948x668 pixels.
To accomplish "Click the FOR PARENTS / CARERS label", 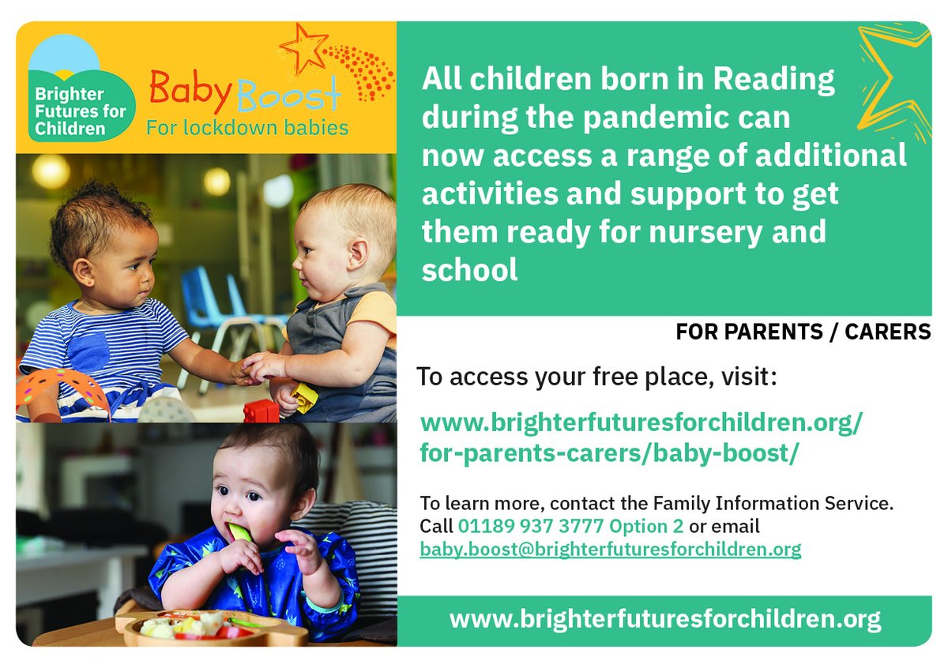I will tap(803, 332).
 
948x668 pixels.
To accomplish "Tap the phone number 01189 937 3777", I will tap(531, 525).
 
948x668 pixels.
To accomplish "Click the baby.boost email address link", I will tap(610, 548).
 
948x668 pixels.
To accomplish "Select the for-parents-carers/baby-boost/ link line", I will tap(605, 456).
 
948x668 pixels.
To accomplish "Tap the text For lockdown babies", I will tap(246, 127).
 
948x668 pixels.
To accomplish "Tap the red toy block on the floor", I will tap(261, 411).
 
